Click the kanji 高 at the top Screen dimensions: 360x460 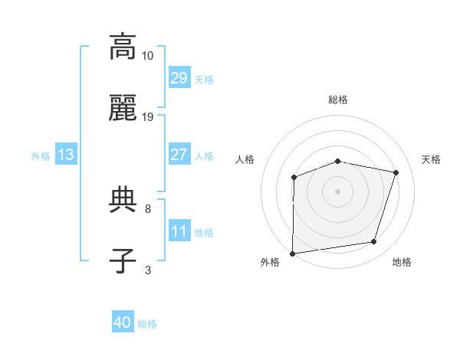click(123, 47)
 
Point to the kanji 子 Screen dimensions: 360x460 click(123, 260)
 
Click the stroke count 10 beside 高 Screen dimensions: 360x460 click(148, 56)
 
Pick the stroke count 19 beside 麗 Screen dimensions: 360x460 click(148, 117)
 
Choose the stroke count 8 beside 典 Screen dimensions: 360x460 click(148, 208)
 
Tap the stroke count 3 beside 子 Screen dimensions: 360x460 click(148, 270)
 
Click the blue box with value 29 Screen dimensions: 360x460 click(179, 78)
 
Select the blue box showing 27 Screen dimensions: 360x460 click(179, 155)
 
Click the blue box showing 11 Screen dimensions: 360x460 click(179, 231)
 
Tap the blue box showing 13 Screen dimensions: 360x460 click(66, 155)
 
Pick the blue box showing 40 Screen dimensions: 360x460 click(123, 323)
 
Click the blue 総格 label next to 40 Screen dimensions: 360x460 click(147, 324)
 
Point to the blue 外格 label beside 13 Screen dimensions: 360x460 click(41, 155)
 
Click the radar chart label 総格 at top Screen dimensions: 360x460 click(338, 100)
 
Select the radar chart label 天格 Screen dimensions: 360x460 click(431, 159)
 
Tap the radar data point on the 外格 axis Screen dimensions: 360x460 click(293, 254)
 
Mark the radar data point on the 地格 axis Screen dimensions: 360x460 click(374, 242)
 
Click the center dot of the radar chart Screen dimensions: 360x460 click(338, 191)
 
